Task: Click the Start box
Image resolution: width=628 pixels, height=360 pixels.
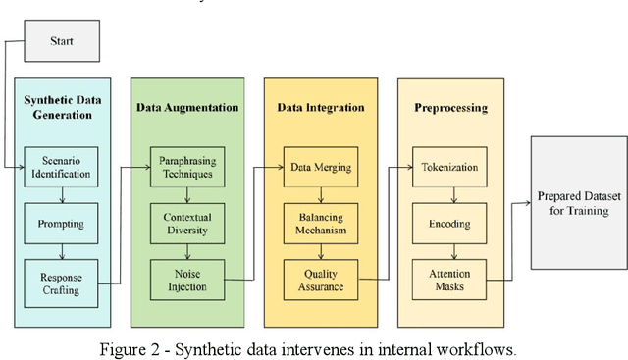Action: pyautogui.click(x=63, y=42)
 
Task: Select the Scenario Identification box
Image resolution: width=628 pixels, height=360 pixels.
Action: pyautogui.click(x=62, y=168)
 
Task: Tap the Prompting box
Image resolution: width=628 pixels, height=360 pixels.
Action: pyautogui.click(x=62, y=223)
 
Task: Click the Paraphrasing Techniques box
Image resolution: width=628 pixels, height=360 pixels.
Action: pyautogui.click(x=187, y=168)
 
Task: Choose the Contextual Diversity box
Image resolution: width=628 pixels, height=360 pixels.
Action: pyautogui.click(x=187, y=223)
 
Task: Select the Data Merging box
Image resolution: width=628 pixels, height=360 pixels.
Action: pyautogui.click(x=321, y=168)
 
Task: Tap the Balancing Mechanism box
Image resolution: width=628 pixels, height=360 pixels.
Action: pyautogui.click(x=321, y=223)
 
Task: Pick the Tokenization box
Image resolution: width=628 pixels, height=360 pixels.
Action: pyautogui.click(x=447, y=168)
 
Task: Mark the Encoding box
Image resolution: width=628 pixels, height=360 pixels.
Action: pyautogui.click(x=447, y=223)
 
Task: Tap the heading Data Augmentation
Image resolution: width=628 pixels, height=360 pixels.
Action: pyautogui.click(x=187, y=107)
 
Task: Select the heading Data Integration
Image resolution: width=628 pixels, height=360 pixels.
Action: pyautogui.click(x=321, y=107)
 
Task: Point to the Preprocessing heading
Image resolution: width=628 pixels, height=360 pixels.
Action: pyautogui.click(x=447, y=107)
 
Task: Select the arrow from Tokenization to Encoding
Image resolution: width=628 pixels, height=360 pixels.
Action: pyautogui.click(x=447, y=195)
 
